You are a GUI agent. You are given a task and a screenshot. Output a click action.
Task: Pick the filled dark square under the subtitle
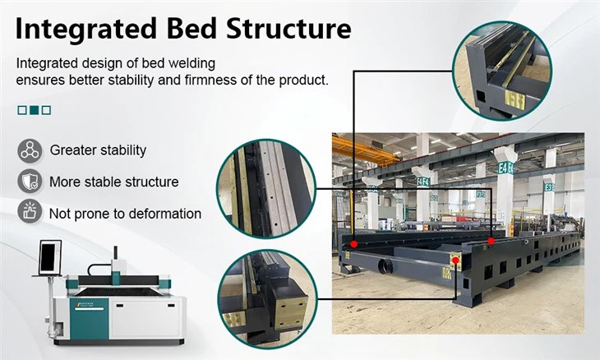click(x=34, y=109)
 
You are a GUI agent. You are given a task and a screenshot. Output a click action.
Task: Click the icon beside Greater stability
click(x=30, y=150)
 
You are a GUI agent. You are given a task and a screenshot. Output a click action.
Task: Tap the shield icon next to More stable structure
click(x=30, y=182)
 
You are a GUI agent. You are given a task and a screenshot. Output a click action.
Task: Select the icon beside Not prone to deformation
click(x=30, y=213)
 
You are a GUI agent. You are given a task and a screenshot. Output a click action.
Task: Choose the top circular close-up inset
click(x=501, y=69)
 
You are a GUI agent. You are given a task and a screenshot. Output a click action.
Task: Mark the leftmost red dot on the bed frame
click(x=354, y=243)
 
